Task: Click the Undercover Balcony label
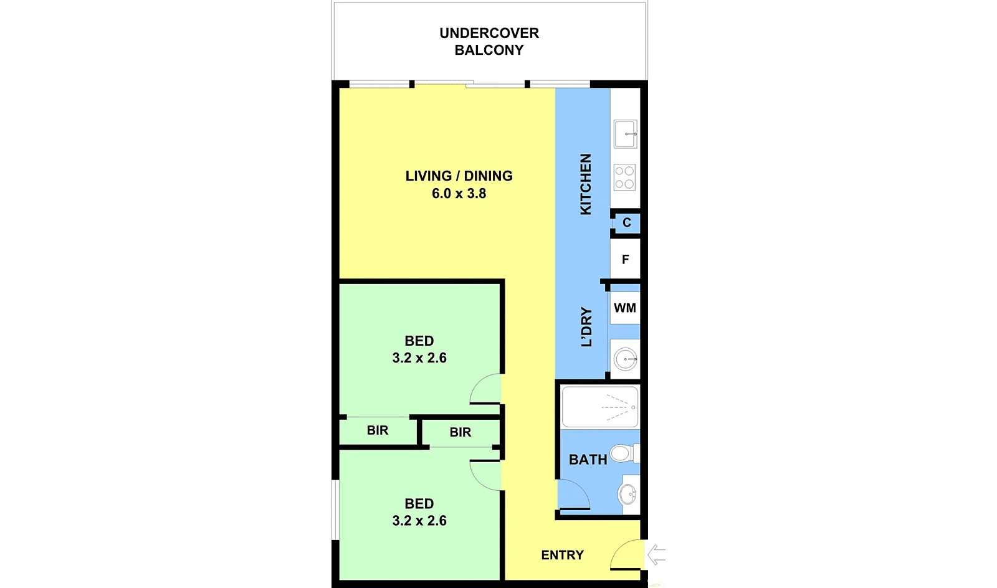tap(489, 41)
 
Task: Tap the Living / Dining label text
tap(459, 176)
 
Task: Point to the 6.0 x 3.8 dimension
tap(459, 194)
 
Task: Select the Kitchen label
tap(586, 184)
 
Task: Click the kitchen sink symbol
tap(625, 134)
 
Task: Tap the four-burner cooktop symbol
tap(624, 177)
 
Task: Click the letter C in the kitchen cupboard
tap(627, 222)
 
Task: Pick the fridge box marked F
tap(626, 259)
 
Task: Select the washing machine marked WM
tap(625, 308)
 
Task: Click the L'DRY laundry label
tap(586, 326)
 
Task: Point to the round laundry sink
tap(625, 359)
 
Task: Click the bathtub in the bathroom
tap(599, 407)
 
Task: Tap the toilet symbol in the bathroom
tap(621, 453)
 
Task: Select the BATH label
tap(588, 460)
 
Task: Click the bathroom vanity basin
tap(628, 495)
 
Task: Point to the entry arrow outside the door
tap(656, 554)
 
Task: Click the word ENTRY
tap(562, 555)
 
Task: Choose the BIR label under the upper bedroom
tap(378, 430)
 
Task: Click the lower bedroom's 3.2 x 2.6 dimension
tap(419, 521)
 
